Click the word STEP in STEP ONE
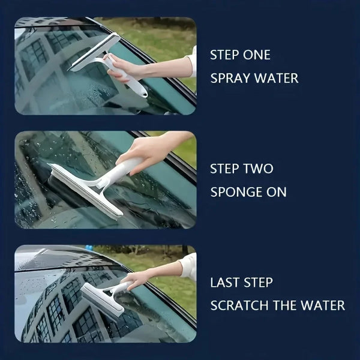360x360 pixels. coord(225,55)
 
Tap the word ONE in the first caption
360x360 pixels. coord(257,55)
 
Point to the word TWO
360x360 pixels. coord(258,169)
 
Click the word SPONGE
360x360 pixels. coord(236,192)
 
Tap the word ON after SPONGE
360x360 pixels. coord(277,192)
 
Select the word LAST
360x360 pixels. coord(224,283)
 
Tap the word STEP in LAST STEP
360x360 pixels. coord(258,283)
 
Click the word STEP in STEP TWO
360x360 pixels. coord(225,169)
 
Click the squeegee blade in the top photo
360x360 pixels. coord(93,52)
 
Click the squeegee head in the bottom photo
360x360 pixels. coord(102,300)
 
